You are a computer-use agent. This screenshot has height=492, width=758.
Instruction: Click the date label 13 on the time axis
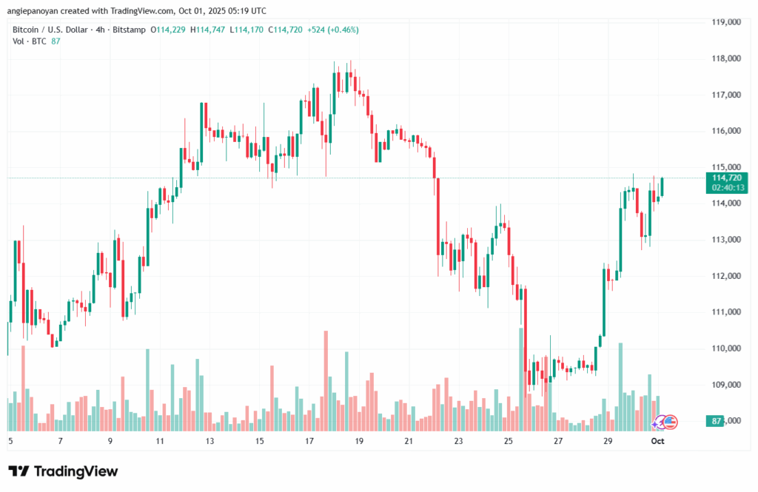(x=209, y=441)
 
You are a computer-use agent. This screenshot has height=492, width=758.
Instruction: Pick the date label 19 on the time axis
(x=359, y=441)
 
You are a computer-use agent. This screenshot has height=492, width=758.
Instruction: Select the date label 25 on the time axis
(x=508, y=441)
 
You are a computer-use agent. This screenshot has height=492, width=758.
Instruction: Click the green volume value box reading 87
(x=717, y=421)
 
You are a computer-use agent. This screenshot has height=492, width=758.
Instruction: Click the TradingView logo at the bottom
(x=63, y=471)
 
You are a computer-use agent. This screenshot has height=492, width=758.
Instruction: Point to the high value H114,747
(x=208, y=30)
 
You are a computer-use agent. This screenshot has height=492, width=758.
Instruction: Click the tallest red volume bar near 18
(x=326, y=381)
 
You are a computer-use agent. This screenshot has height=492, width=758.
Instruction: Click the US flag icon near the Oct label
(x=669, y=422)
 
